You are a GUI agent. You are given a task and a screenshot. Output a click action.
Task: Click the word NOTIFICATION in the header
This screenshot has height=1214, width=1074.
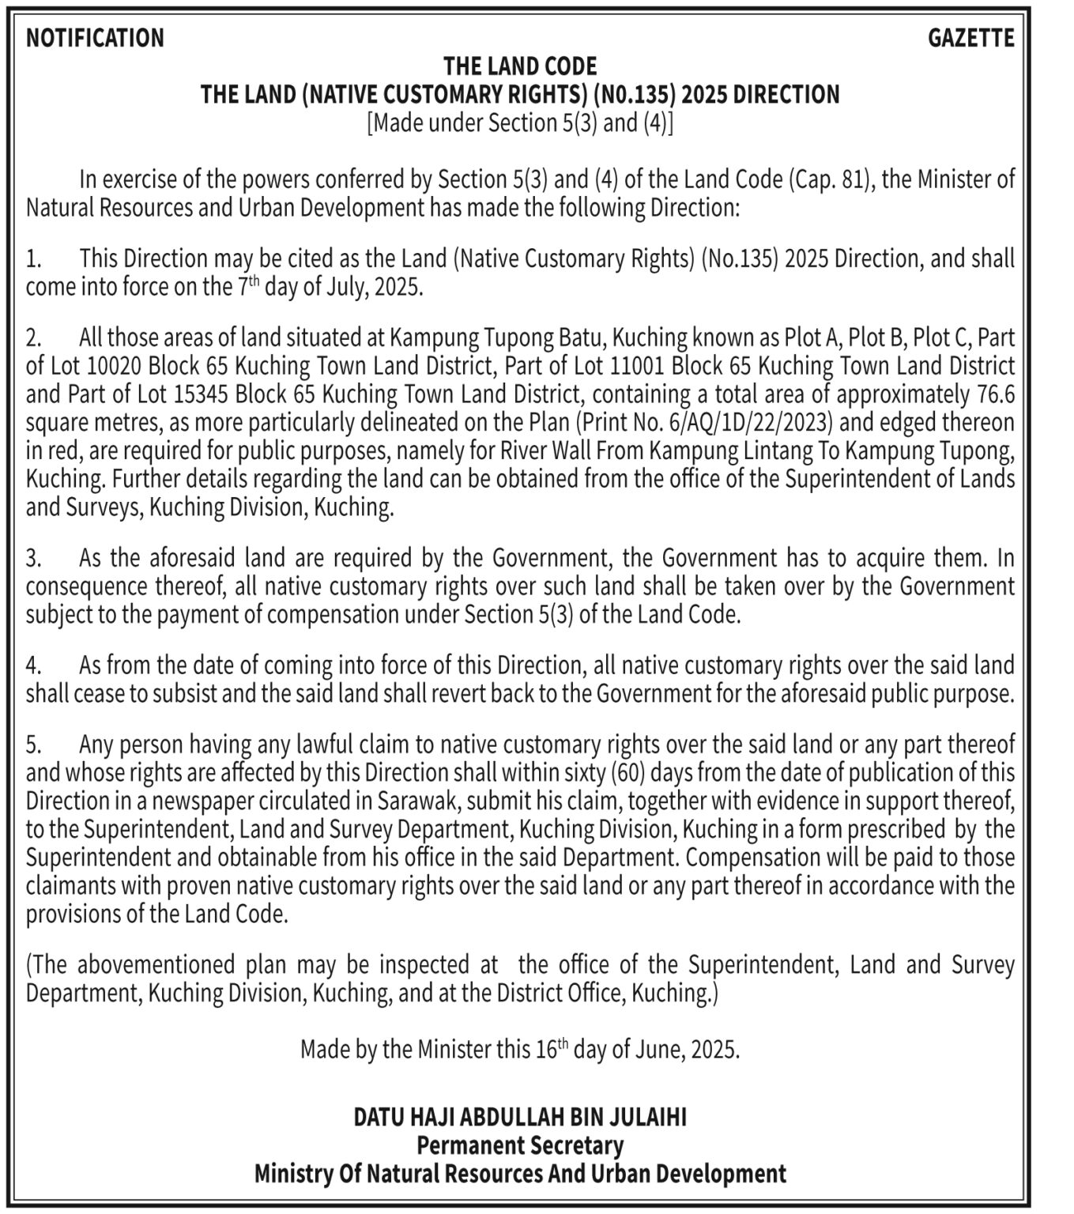click(95, 38)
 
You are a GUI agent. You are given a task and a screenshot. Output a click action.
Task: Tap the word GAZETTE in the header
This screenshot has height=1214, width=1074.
click(970, 38)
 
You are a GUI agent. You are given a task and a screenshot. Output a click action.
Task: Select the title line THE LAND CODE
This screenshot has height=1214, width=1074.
click(520, 66)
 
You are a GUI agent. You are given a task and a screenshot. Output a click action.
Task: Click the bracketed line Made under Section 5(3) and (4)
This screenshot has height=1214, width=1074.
click(520, 123)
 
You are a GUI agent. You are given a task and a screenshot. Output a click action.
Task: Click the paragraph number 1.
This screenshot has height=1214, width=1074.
click(33, 259)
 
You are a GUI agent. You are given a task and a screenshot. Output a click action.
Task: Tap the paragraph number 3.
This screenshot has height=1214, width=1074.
click(33, 559)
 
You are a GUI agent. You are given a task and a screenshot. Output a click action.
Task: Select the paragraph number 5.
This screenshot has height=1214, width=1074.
click(33, 745)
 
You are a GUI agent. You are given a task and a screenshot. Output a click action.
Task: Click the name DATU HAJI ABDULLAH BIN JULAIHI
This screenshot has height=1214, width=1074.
click(520, 1118)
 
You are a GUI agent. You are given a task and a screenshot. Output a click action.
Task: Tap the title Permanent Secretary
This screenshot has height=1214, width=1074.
click(520, 1145)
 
